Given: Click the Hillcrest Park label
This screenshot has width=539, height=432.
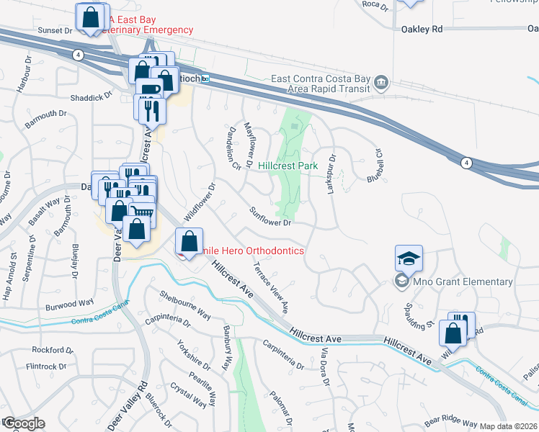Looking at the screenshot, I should point(288,166).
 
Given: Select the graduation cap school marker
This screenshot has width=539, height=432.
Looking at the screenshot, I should point(409,258).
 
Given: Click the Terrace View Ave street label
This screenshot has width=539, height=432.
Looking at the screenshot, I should point(269,287).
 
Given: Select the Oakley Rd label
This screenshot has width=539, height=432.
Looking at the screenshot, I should point(422,30).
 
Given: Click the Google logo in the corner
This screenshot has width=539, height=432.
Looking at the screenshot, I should point(23,423).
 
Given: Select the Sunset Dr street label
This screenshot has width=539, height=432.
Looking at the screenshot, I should point(55,31).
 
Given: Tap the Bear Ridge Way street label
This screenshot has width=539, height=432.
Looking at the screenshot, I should point(450,423).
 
